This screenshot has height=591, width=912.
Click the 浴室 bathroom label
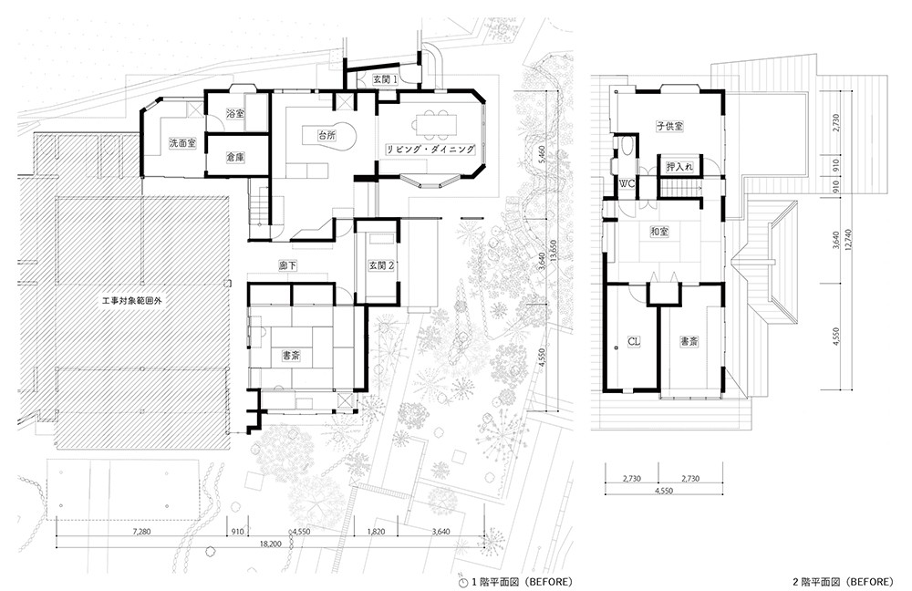coord(235,113)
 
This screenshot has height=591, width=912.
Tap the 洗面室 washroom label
coord(182,143)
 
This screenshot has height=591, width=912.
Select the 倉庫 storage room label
coord(235,157)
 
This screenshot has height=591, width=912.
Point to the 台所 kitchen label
coord(326,135)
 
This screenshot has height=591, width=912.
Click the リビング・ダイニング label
coord(431,149)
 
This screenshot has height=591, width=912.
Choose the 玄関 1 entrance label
coord(385,79)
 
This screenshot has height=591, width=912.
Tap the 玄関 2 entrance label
coord(381,265)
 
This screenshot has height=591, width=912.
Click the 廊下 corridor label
coord(288,265)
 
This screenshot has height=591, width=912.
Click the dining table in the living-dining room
coord(436,124)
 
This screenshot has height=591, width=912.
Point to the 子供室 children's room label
coord(669,126)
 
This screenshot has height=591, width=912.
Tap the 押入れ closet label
coord(679,167)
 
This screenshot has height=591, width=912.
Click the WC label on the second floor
coord(627,184)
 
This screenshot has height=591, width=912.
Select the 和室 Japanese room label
coord(659,232)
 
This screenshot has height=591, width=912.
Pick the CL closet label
coord(634,342)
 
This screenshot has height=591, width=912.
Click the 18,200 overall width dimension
coord(271,544)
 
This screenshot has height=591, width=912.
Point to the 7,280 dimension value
coord(141,532)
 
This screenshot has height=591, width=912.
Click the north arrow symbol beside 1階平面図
coord(463,582)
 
